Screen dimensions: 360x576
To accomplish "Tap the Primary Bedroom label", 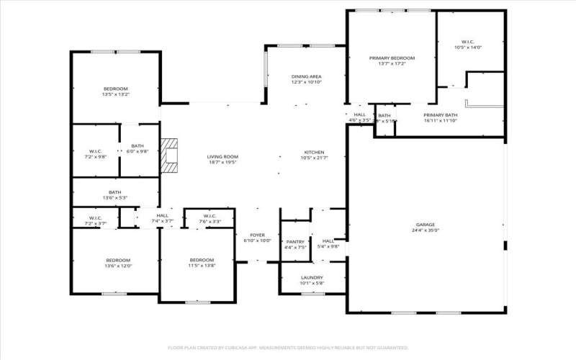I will (392, 58).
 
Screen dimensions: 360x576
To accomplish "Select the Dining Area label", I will (306, 76).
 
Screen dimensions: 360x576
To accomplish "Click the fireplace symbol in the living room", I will (169, 157).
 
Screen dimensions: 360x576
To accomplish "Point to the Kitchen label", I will (314, 153).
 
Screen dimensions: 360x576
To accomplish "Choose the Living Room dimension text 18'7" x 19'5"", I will (222, 162).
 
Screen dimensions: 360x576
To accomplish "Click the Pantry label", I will (295, 242).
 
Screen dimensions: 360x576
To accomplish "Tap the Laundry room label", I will (312, 277).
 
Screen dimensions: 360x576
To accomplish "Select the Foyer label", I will (257, 235).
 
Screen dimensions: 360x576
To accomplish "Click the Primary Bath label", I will (441, 115).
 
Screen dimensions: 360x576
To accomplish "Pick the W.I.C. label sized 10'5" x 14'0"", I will (468, 42).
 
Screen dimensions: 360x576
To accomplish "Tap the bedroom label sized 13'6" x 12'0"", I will (119, 260).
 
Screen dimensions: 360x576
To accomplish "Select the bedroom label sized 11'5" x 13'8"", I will (202, 260).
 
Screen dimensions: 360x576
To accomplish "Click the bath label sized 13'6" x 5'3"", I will (114, 192).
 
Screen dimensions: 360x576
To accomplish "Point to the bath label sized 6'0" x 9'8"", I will (138, 146).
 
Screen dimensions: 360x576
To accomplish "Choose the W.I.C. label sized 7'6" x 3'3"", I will (210, 216).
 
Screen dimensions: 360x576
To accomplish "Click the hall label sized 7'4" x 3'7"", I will (162, 216).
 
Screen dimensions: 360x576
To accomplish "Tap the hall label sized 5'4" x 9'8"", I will (328, 241).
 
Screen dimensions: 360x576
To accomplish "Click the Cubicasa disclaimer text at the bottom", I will (288, 346).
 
